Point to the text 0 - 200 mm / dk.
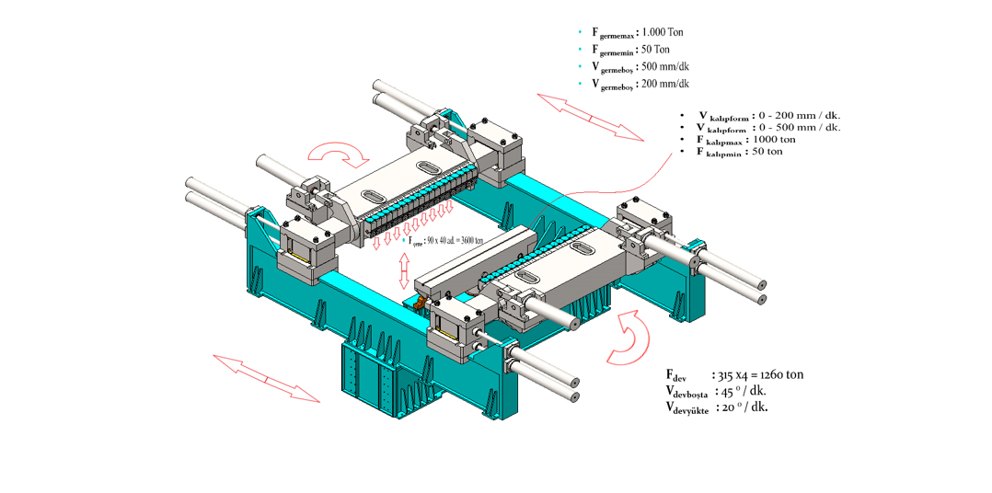797,116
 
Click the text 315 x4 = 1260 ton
760,375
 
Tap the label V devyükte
687,407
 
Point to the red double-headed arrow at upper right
590,115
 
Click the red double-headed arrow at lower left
266,377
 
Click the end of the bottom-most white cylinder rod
574,396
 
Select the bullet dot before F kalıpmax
682,140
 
